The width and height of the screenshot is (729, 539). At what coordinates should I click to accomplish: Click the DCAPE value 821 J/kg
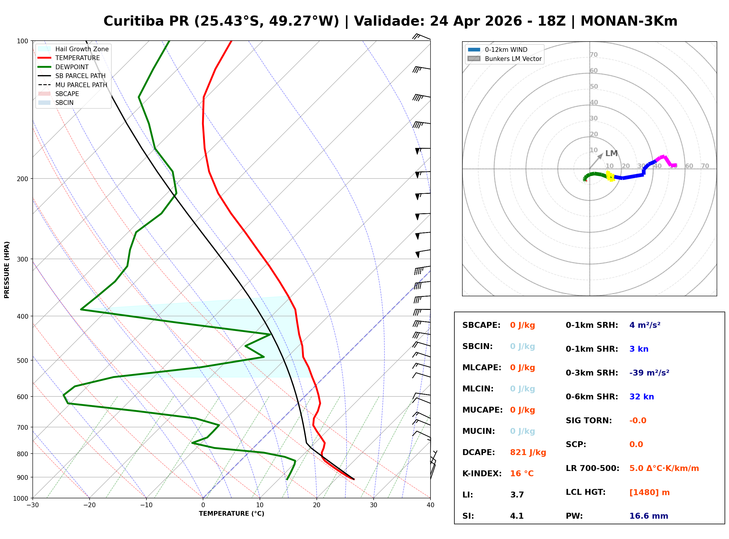click(528, 452)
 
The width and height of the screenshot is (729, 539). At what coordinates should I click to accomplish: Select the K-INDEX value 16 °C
click(522, 474)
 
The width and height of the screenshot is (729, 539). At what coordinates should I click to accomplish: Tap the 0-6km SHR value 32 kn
click(641, 397)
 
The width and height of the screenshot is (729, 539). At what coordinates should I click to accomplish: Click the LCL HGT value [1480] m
click(649, 492)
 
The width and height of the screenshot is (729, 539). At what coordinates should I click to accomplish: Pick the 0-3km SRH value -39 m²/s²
click(649, 373)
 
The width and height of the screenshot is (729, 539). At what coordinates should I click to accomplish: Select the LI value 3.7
click(517, 495)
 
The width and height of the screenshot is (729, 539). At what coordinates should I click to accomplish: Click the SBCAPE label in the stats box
click(481, 325)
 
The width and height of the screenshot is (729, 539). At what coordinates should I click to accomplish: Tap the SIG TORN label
click(588, 421)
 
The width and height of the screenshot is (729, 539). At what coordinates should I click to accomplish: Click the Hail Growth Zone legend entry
click(82, 49)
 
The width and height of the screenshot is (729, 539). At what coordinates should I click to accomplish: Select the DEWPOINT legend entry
click(72, 67)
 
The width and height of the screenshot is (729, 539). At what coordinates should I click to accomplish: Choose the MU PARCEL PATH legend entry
click(81, 85)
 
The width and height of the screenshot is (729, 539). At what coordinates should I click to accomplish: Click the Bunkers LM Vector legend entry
click(513, 59)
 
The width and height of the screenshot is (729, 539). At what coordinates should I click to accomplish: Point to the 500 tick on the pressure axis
click(23, 361)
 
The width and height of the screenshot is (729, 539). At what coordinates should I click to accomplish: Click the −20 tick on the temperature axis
click(89, 505)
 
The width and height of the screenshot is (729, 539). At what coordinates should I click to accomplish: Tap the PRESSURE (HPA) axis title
click(6, 270)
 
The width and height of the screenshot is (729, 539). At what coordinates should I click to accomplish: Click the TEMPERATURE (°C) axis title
click(231, 514)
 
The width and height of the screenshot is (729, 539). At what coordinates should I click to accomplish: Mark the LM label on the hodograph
click(611, 153)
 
